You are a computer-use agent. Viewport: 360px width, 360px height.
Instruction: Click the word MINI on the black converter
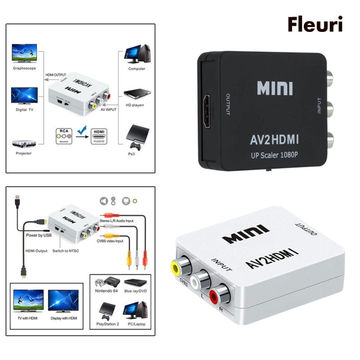pos(275,87)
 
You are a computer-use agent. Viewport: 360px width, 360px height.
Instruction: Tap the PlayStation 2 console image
pos(105,309)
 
